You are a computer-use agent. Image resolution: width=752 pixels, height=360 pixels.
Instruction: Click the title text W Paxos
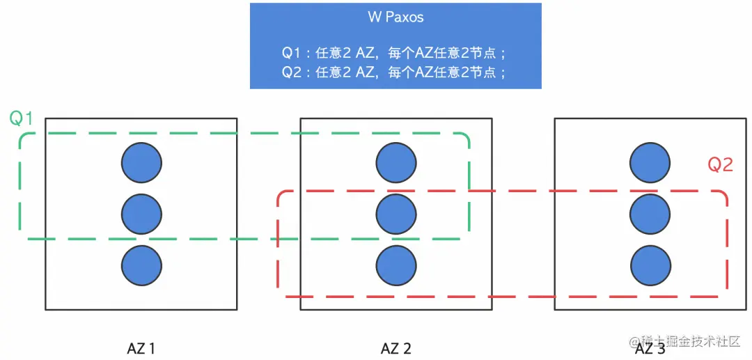(x=395, y=17)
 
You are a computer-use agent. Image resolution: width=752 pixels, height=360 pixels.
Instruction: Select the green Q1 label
(x=21, y=118)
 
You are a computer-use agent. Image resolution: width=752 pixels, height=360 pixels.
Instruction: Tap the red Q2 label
(x=720, y=165)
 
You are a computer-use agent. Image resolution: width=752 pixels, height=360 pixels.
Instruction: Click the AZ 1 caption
(x=141, y=348)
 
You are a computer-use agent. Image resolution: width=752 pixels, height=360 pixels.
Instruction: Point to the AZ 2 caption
(x=395, y=348)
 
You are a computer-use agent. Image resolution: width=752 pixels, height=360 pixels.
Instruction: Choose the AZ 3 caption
(x=650, y=348)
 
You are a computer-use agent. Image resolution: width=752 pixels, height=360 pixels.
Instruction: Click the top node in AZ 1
(x=141, y=163)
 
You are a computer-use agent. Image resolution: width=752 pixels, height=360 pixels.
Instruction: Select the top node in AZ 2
(x=396, y=163)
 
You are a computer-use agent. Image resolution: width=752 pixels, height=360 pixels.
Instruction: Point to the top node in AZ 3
(x=650, y=163)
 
